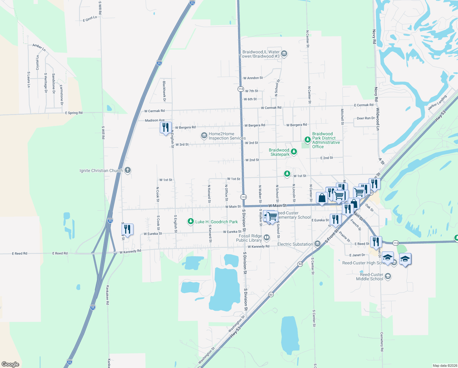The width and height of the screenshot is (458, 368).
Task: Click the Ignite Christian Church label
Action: [101, 171]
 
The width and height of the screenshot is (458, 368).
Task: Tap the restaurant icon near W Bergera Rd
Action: [165, 128]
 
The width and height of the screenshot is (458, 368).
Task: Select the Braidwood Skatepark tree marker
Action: [294, 151]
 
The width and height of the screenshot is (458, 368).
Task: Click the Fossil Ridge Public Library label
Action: [250, 238]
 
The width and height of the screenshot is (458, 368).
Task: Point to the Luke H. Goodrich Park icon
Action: [191, 221]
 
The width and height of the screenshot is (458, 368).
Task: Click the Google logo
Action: [10, 364]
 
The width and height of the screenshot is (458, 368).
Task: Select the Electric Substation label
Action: [295, 244]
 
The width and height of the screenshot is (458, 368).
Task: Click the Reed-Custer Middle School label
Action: [370, 277]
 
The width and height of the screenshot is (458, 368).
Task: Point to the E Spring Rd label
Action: [74, 113]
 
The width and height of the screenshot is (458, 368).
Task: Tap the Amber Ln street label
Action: [39, 47]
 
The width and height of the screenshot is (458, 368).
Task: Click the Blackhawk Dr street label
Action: [164, 91]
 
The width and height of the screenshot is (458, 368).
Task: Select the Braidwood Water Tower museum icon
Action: [284, 54]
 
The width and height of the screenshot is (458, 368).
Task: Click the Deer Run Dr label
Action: [366, 118]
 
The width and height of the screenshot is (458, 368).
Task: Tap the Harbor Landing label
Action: [437, 102]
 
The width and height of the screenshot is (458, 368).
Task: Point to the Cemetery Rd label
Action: [382, 341]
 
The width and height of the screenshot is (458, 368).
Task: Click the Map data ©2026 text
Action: [445, 366]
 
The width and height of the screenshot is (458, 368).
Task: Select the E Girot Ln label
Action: [90, 19]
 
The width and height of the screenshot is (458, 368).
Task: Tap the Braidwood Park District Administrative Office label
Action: [326, 140]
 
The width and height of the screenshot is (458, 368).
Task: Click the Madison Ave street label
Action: [155, 120]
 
